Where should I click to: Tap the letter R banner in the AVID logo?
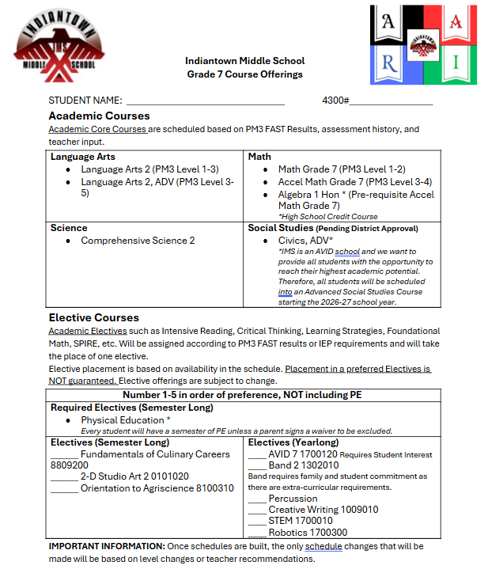[x=389, y=62]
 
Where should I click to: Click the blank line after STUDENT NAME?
[x=205, y=101]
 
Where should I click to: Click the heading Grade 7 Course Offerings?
[x=244, y=74]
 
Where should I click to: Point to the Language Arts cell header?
[x=83, y=157]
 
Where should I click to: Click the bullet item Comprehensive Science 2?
[x=138, y=241]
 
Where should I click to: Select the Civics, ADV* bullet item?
[x=305, y=241]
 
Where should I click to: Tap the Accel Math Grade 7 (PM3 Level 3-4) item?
[x=354, y=181]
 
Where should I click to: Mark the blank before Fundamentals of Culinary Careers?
[x=64, y=455]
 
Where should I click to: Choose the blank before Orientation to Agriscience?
[x=64, y=489]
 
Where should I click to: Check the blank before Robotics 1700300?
[x=257, y=533]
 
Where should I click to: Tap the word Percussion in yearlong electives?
[x=293, y=499]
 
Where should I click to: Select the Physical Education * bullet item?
[x=125, y=420]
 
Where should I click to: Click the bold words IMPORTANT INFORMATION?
[x=107, y=547]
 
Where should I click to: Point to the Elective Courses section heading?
[x=93, y=317]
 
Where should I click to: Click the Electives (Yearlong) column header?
[x=293, y=442]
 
